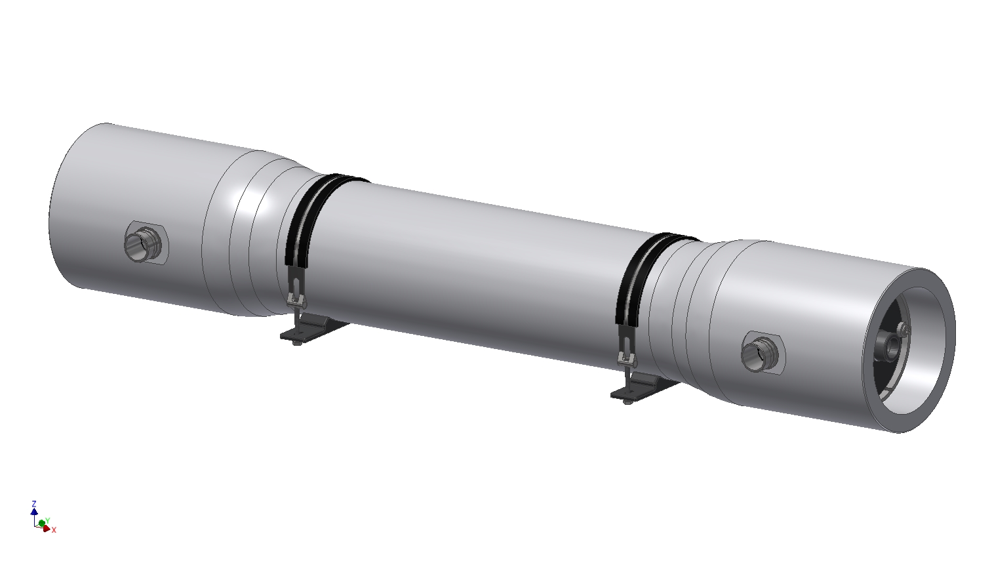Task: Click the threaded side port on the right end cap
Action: tap(758, 354)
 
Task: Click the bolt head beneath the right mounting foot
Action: tap(627, 401)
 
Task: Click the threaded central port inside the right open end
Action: tap(891, 346)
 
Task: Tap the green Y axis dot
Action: tap(42, 523)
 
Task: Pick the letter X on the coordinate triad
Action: tap(54, 530)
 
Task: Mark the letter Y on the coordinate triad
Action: tap(48, 520)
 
